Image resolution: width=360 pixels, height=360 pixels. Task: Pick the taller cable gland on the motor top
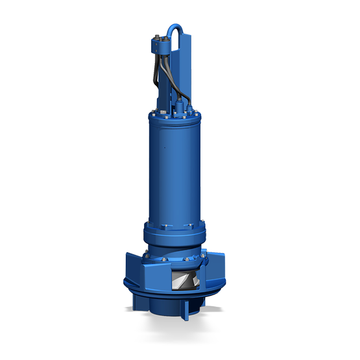point(176,97)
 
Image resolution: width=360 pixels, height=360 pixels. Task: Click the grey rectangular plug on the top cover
point(165,109)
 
